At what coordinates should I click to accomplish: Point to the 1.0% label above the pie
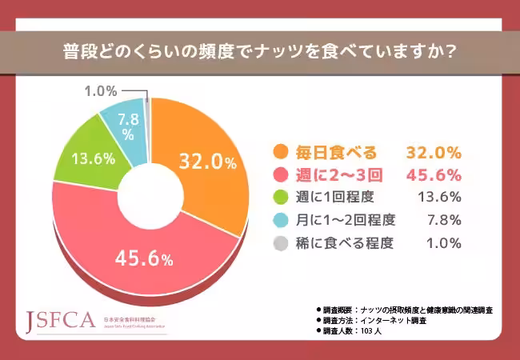(x=101, y=91)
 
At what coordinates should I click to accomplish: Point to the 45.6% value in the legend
(x=434, y=174)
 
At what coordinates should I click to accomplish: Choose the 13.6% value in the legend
(x=439, y=198)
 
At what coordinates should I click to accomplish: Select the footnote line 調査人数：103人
(x=352, y=330)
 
